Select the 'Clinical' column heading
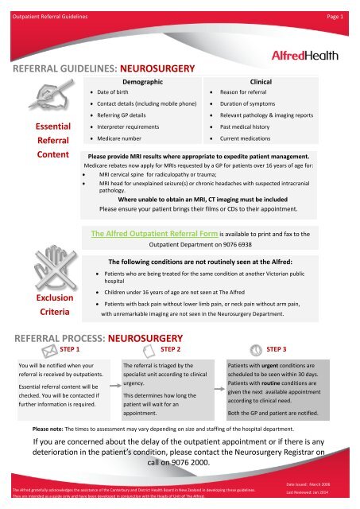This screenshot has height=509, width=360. pyautogui.click(x=262, y=82)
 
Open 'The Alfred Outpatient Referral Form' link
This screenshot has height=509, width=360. pyautogui.click(x=150, y=235)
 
